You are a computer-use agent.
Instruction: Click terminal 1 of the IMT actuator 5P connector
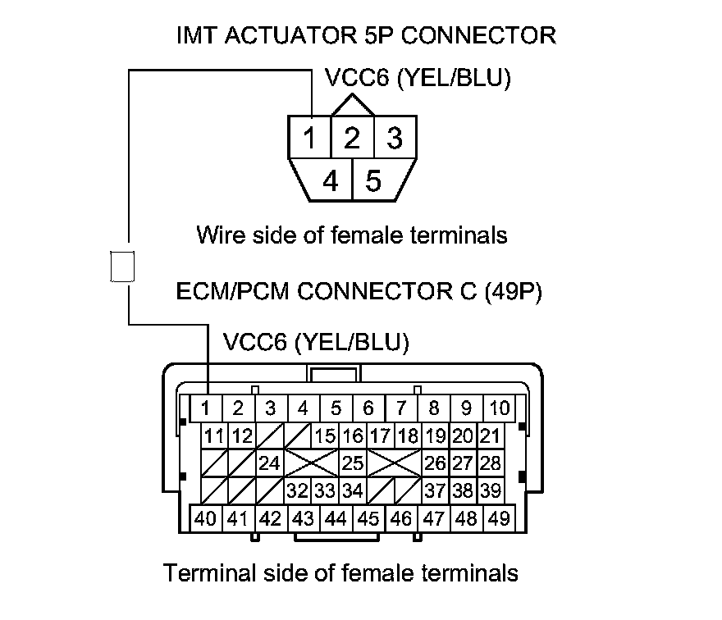tap(308, 138)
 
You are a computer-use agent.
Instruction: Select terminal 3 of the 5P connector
tap(395, 138)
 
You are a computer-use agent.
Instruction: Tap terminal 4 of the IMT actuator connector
tap(331, 180)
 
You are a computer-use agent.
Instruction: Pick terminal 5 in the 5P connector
tap(374, 180)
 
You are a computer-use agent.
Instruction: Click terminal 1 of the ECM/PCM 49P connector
tap(207, 408)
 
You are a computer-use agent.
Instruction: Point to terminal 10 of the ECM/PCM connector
tap(499, 408)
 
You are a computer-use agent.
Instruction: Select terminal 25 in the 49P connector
tap(353, 463)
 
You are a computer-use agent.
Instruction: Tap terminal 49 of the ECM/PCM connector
tap(498, 518)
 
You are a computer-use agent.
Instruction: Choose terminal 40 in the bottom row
tap(207, 518)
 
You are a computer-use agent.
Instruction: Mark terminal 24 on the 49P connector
tap(268, 463)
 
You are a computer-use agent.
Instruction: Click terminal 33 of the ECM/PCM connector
tap(326, 491)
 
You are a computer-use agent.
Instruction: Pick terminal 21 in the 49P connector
tap(490, 435)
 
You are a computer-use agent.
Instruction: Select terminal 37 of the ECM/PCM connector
tap(435, 491)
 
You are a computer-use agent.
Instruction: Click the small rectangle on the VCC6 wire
tap(121, 267)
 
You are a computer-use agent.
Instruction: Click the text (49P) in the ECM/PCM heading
tap(514, 292)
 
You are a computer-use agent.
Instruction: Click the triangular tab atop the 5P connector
tap(353, 105)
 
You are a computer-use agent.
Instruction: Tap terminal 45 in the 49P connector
tap(368, 518)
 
